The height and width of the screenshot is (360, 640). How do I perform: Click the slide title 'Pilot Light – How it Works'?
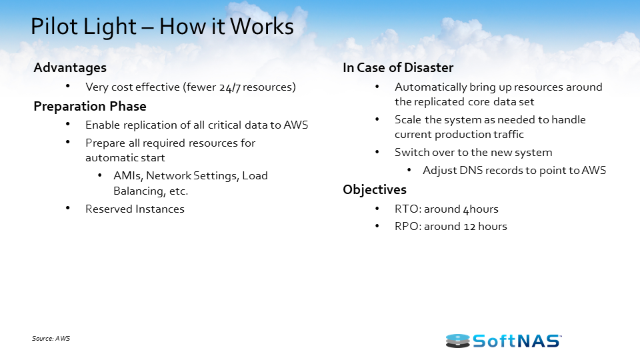162,27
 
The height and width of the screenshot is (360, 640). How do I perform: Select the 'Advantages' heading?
70,67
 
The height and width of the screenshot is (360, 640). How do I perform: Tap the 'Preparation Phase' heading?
90,107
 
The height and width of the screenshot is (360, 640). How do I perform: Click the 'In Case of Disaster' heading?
398,67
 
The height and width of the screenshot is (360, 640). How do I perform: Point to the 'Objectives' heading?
375,190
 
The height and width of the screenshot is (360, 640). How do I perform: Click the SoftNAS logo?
503,341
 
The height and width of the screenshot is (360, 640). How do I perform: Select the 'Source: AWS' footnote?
51,339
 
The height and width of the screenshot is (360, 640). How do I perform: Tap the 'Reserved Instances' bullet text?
135,209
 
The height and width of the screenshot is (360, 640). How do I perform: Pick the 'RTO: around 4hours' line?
447,209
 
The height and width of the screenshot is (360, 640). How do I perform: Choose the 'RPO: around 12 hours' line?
451,227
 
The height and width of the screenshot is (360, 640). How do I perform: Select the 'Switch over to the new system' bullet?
473,153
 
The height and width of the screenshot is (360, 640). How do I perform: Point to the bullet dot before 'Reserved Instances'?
69,209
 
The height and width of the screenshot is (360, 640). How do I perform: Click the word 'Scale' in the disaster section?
408,120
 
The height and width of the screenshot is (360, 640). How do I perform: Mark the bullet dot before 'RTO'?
378,209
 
